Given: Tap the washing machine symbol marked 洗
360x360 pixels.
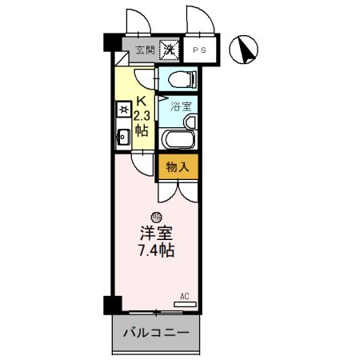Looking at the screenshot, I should pos(169,50).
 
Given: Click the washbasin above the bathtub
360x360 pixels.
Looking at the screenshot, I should pos(189,122).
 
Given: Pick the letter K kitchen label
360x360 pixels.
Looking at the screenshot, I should pos(140,102).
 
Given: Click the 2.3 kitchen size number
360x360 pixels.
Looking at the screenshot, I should pos(141,115).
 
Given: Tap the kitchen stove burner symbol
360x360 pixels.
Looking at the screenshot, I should pos(122,108).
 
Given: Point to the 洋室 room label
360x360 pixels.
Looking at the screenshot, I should pos(155,233).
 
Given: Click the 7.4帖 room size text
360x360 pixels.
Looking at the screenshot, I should pos(155,250).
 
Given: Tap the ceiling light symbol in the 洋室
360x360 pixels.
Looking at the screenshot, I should pos(155,215).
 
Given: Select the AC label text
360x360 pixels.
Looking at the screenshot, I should pos(184,295).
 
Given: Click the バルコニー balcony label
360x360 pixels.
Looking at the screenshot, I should pos(155,333).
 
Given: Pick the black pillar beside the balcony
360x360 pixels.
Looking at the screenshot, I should pos(112,305).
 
